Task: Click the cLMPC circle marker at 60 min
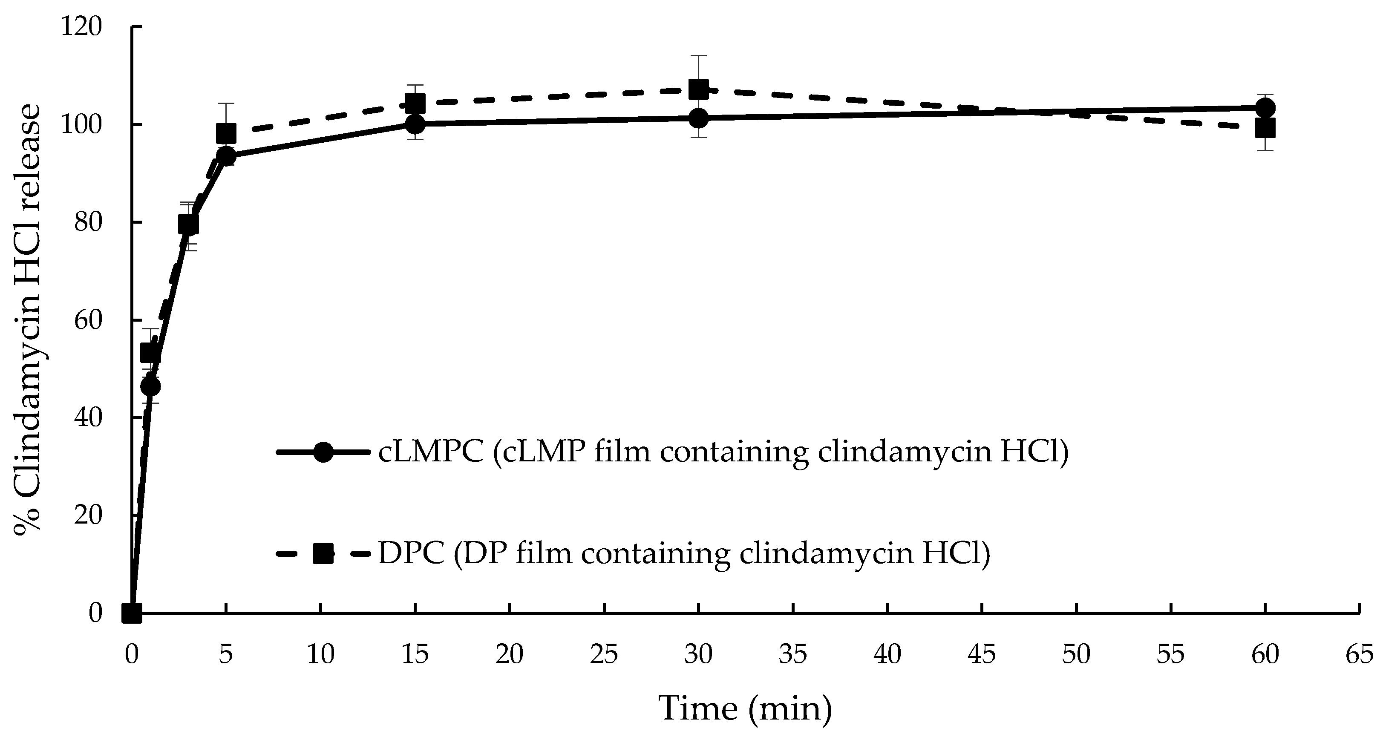pos(1265,108)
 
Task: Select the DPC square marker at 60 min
pos(1265,129)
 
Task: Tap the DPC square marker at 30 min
pos(698,89)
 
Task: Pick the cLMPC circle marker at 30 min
pos(698,118)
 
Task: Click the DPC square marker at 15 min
pos(415,103)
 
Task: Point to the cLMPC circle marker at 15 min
pos(415,124)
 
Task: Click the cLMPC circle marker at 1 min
pos(150,386)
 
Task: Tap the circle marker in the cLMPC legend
pos(323,452)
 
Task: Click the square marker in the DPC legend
pos(323,553)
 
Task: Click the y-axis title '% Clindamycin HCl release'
pos(27,320)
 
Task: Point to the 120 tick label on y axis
pos(81,27)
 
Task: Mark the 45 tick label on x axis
pos(982,655)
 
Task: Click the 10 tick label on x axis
pos(320,655)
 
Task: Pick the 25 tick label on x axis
pos(604,655)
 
